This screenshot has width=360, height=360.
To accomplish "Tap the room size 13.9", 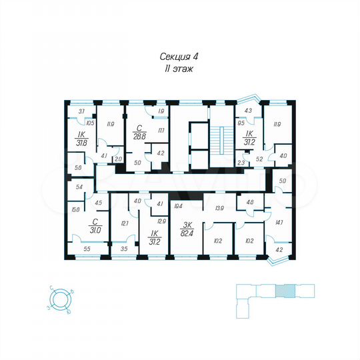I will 219,209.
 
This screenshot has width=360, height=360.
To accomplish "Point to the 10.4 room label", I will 178,207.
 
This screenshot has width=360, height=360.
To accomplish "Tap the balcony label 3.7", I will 81,111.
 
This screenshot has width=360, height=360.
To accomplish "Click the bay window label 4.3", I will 248,111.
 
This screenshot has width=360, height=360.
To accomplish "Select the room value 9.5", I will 241,123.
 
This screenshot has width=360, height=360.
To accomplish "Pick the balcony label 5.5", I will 87,249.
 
